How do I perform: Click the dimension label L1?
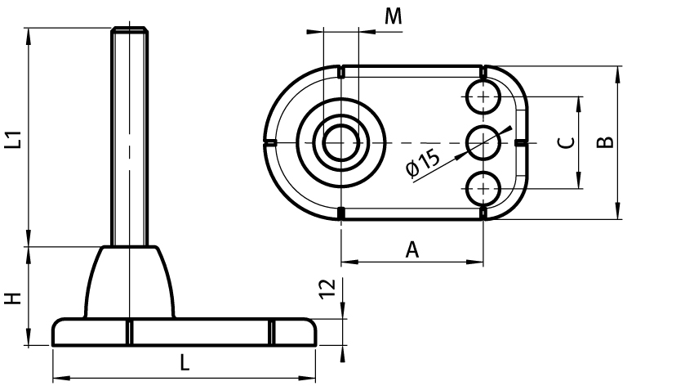coord(12,140)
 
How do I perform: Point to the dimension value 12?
coord(326,288)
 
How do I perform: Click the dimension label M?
coord(394,16)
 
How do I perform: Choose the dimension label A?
coord(412,250)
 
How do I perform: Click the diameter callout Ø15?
coord(422,163)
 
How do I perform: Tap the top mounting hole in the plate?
coord(484,97)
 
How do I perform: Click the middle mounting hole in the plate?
coord(484,142)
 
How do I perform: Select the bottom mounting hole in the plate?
coord(484,188)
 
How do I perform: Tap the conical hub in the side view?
coord(130,282)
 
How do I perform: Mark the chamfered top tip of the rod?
coord(129,30)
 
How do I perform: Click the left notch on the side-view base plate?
coord(129,332)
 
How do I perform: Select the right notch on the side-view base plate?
coord(273,332)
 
